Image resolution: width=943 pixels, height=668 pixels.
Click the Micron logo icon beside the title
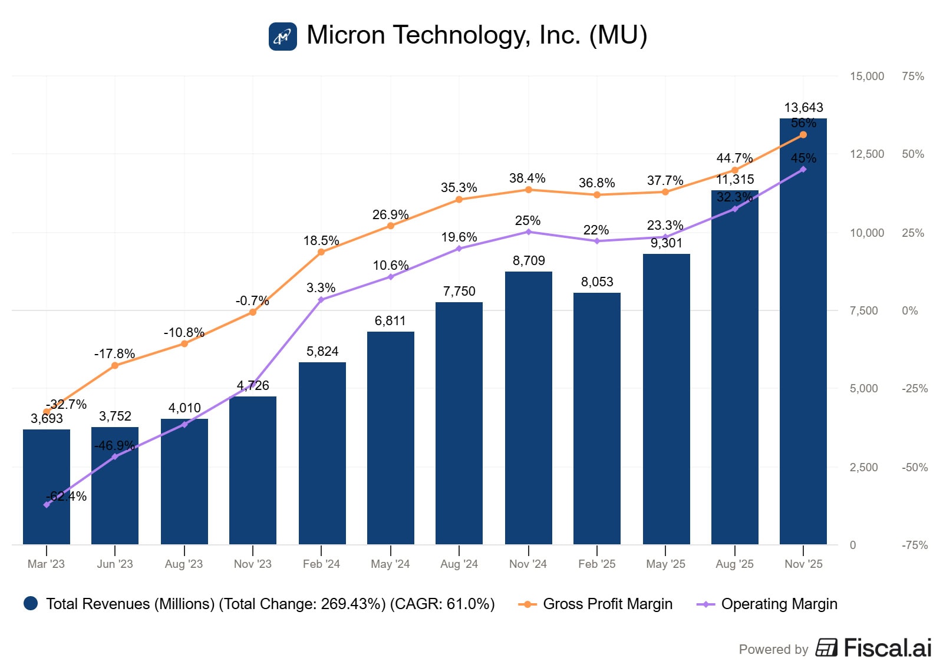click(283, 36)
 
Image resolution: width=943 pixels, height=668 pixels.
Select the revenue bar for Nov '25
click(803, 353)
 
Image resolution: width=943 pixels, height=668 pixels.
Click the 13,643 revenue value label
click(803, 107)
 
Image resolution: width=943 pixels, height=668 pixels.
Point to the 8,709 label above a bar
click(528, 260)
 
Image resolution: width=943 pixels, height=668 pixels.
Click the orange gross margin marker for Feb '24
click(321, 252)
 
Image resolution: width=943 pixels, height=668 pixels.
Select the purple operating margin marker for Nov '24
click(528, 232)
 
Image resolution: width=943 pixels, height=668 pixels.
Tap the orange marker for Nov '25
click(803, 135)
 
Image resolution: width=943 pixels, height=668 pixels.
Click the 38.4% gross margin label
click(527, 178)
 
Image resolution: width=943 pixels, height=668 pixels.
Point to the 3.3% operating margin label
click(321, 287)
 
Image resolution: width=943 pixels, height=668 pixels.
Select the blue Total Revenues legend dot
click(31, 603)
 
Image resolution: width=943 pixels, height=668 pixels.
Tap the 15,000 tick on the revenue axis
click(866, 76)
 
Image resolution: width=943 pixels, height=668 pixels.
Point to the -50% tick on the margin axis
click(914, 467)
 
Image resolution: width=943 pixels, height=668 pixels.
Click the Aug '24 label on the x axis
click(459, 564)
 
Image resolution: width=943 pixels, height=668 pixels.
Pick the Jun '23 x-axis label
click(115, 564)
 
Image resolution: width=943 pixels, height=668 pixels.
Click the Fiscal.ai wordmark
click(887, 648)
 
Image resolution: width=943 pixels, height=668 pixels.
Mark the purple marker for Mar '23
click(47, 505)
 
